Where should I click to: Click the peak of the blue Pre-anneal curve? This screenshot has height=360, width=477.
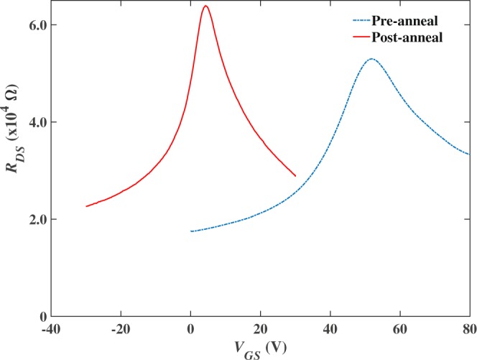[x=371, y=59]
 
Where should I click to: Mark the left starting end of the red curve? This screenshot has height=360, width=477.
[x=86, y=206]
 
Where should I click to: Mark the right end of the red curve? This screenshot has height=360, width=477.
[x=295, y=175]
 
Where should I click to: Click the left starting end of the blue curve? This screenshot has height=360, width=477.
[x=190, y=231]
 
